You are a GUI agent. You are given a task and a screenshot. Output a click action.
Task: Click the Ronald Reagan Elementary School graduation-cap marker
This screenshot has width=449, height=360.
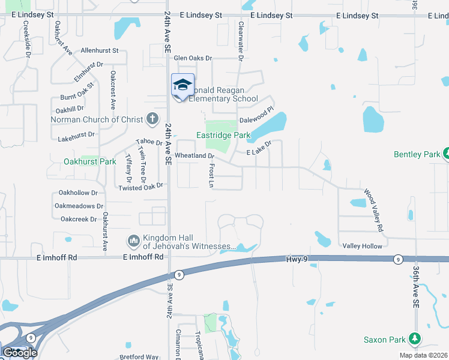[182, 85]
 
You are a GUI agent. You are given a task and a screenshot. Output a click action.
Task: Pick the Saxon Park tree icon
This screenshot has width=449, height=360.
[415, 340]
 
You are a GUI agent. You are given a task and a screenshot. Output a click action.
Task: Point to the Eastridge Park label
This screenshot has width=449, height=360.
[223, 136]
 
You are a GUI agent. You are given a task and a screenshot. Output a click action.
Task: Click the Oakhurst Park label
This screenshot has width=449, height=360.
[90, 161]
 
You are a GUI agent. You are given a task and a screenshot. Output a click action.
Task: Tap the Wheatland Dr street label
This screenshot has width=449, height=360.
[194, 156]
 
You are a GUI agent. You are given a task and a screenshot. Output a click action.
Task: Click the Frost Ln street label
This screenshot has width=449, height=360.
[211, 175]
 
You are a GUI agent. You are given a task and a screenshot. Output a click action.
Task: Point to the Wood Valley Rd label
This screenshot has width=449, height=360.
[372, 211]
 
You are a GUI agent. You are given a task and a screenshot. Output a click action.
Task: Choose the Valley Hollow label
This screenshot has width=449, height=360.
[362, 246]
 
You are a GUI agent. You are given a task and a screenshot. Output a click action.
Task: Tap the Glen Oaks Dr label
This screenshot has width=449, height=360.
[193, 58]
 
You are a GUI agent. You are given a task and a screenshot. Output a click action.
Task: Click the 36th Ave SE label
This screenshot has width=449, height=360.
[415, 288]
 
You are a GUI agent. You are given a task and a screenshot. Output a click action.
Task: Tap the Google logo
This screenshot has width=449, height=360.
[20, 352]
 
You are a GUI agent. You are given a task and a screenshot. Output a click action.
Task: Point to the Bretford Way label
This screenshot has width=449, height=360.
[139, 357]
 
